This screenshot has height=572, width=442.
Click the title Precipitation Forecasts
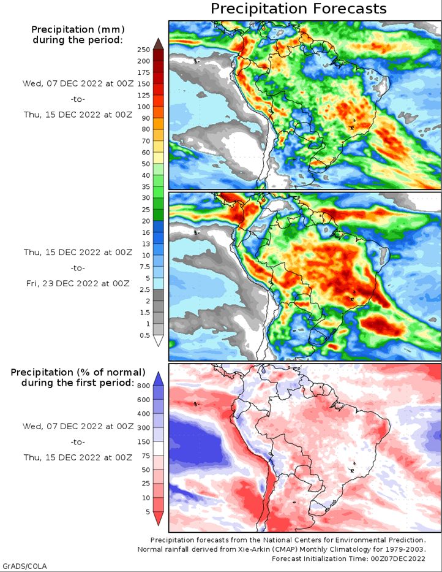299,9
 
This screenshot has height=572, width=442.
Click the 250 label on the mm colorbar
144,50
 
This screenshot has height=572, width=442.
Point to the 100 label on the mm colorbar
144,107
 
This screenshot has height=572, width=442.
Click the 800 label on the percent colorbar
144,386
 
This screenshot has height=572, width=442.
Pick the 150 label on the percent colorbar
144,441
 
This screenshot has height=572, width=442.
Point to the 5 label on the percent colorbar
147,511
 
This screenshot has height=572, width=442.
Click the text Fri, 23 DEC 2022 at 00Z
77,283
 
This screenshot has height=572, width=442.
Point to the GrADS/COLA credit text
24,565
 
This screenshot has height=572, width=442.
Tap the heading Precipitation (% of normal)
78,372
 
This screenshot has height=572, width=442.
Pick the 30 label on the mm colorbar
146,198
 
